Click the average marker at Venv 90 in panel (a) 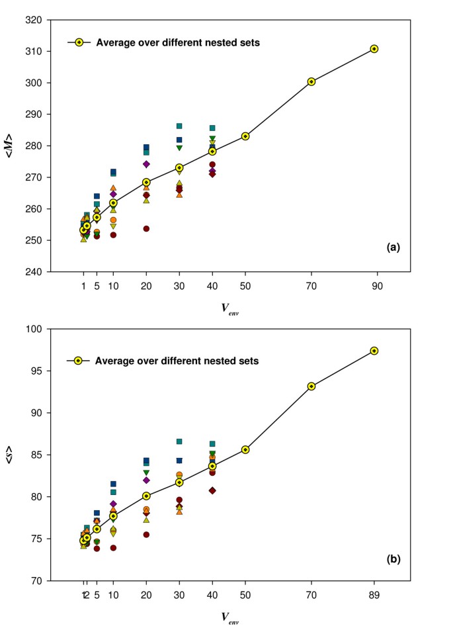(374, 49)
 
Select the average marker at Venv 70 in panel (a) (311, 82)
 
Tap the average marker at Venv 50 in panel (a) (245, 136)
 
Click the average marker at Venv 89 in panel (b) (374, 351)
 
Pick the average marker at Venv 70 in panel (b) (311, 386)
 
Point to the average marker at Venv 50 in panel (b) (245, 449)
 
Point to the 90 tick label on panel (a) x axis (374, 285)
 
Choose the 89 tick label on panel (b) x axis (374, 594)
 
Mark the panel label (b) (392, 558)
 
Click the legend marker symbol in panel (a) (79, 42)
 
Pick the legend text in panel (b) (177, 361)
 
